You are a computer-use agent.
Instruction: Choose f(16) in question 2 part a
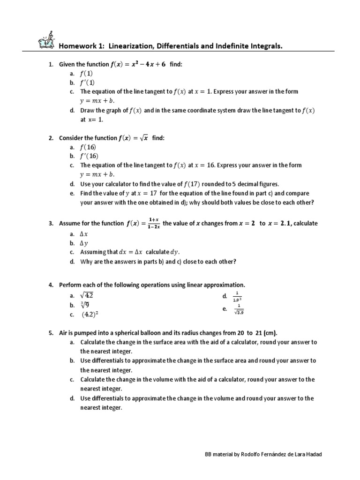(x=89, y=147)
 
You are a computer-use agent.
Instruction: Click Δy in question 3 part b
(x=84, y=243)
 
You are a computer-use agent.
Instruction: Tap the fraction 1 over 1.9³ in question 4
(x=237, y=297)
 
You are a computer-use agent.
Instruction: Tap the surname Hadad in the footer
(x=313, y=455)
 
